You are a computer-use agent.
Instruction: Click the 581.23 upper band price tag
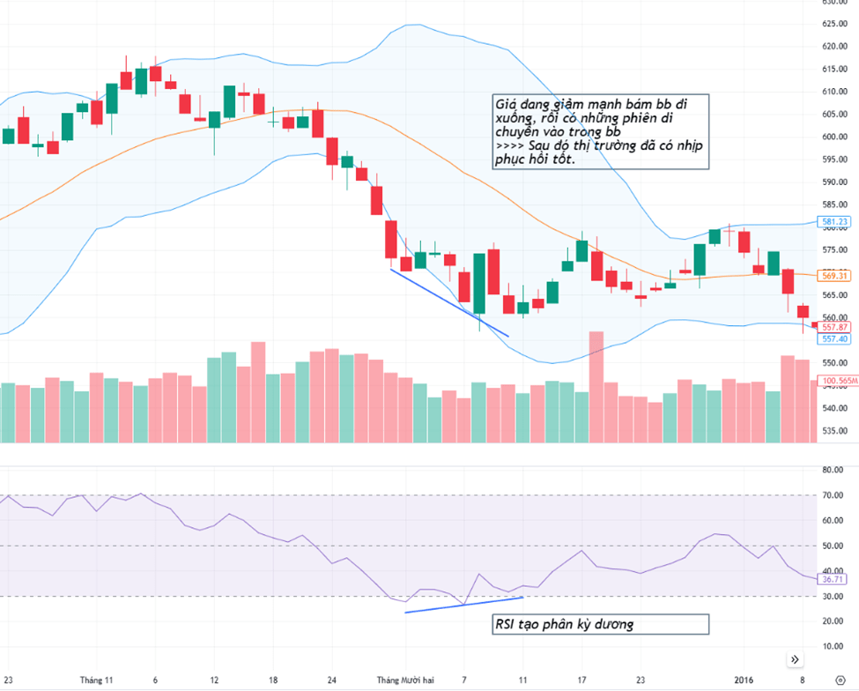833,221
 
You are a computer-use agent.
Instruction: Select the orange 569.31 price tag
833,276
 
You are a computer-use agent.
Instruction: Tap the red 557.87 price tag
833,327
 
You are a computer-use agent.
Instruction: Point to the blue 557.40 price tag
833,338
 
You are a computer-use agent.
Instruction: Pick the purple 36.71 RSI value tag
833,579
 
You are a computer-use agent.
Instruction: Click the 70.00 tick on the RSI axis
833,495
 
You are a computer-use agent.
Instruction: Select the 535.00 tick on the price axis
833,432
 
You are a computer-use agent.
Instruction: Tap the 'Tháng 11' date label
97,680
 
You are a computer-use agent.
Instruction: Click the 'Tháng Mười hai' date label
406,680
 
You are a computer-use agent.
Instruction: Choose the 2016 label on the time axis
744,680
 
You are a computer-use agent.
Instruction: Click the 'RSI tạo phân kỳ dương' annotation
564,625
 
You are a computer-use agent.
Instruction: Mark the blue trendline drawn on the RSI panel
463,605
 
